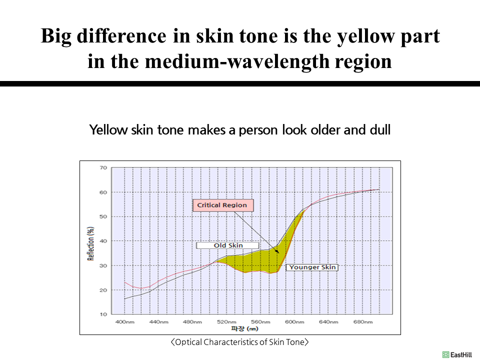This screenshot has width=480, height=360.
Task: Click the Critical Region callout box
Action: coord(223,205)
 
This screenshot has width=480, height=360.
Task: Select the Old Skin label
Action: coord(228,245)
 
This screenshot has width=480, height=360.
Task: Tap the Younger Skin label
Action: coord(312,267)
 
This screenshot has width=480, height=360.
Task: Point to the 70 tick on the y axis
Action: coord(103,168)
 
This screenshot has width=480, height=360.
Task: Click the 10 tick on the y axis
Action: coord(103,314)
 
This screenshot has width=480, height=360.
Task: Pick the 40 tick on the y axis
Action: coord(103,241)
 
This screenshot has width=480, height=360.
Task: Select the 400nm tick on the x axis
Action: coord(124,321)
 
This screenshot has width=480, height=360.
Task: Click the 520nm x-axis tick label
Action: coord(226,321)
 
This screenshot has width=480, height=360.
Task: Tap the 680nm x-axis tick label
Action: coord(363,321)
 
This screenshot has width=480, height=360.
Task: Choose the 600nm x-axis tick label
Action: coord(294,321)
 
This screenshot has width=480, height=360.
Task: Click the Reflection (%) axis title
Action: coord(90,243)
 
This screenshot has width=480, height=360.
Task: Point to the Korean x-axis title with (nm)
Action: coord(244,329)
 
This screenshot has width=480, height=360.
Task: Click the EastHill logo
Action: coord(457,355)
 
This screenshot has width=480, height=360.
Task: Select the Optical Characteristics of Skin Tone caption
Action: coord(239,342)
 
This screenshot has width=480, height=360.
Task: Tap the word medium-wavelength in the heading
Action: coord(237,61)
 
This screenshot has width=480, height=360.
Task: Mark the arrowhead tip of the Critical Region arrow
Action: coord(279,253)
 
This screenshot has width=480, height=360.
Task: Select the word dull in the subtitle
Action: coord(380,130)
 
